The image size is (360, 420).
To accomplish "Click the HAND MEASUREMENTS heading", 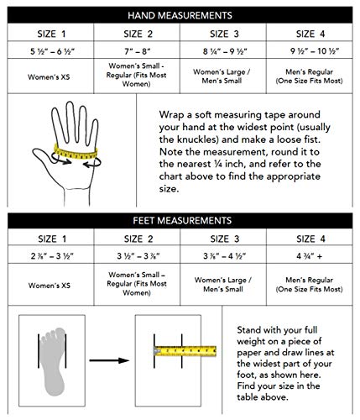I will tap(180, 15).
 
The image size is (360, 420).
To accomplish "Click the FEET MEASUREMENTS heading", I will tap(180, 222).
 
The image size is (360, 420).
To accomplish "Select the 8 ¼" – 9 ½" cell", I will tap(223, 51).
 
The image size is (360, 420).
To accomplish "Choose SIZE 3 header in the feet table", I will tap(223, 239).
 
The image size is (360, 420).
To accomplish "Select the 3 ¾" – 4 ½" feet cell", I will tap(223, 255).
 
